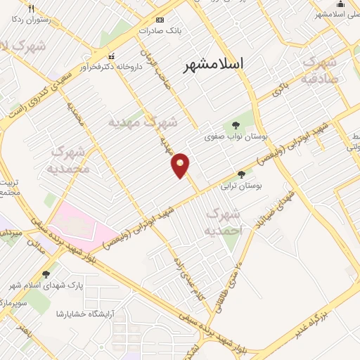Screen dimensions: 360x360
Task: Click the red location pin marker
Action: pos(181,165)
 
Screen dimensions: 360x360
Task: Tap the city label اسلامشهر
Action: pos(214,64)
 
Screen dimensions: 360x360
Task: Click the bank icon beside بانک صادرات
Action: pos(160,20)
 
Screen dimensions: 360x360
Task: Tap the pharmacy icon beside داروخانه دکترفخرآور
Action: pos(110,56)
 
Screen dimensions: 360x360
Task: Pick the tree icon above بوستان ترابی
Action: pos(241,174)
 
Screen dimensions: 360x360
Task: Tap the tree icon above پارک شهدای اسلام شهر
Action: pos(47,274)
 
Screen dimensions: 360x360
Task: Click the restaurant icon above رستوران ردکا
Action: pos(31,8)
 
